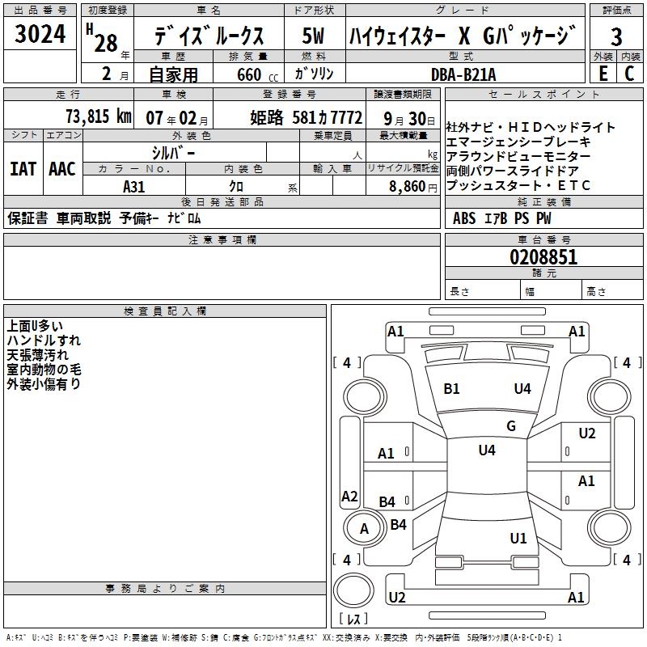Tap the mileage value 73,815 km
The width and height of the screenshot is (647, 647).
[x=96, y=116]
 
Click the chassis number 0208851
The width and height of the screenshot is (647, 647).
[x=543, y=258]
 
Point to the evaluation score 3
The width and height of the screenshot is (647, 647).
[x=616, y=37]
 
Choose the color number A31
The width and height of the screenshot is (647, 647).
[x=134, y=186]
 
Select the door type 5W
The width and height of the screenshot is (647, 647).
[x=314, y=37]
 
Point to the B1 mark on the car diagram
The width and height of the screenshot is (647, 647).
[x=451, y=389]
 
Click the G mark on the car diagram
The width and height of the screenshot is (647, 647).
[x=511, y=426]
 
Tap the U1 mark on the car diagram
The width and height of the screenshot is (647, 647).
[x=518, y=538]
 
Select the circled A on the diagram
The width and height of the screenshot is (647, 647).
[x=364, y=528]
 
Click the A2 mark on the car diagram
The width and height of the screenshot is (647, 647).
[x=349, y=497]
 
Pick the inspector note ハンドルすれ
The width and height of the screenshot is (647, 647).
[x=44, y=340]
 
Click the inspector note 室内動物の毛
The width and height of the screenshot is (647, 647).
[x=44, y=370]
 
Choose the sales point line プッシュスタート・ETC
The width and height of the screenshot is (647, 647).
[x=518, y=186]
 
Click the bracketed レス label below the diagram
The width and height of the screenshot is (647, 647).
[x=353, y=619]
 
